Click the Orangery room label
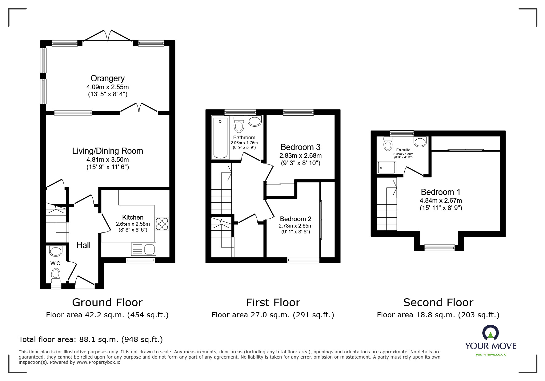pos(107,78)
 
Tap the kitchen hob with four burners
pos(162,224)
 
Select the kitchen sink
pos(143,249)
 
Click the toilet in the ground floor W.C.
pos(56,275)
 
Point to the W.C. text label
pos(56,263)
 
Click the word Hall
pos(84,245)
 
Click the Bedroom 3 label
pos(300,147)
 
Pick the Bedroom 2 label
pos(295,219)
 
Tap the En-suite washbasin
pos(420,142)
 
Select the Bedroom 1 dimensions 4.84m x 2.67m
pos(441,200)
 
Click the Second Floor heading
pos(438,303)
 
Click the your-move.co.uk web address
pos(491,355)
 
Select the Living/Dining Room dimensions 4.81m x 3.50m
pos(107,160)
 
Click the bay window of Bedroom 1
pos(439,248)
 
